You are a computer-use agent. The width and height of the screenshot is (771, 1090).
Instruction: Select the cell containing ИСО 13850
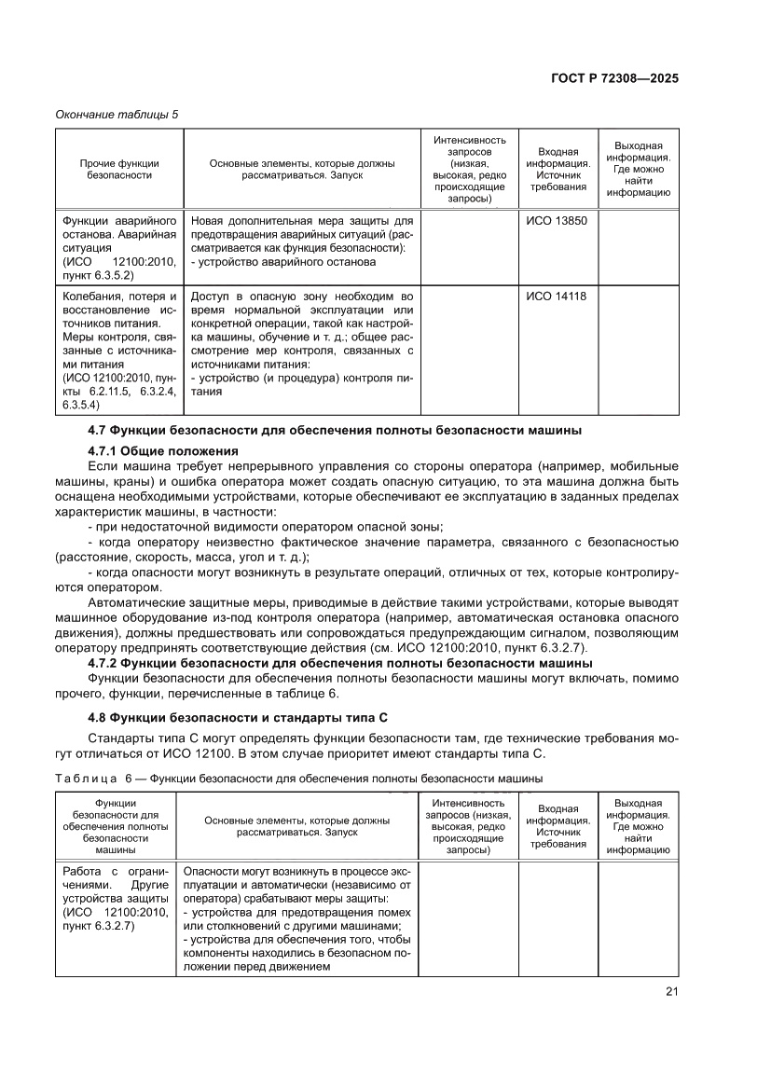coord(557,221)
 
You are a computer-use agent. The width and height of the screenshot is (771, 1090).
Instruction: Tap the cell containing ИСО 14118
coord(557,297)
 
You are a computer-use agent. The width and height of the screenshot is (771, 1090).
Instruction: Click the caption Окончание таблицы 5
coord(117,114)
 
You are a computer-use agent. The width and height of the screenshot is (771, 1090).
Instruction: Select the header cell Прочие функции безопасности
coord(119,169)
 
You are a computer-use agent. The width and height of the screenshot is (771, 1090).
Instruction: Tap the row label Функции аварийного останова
coord(118,221)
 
